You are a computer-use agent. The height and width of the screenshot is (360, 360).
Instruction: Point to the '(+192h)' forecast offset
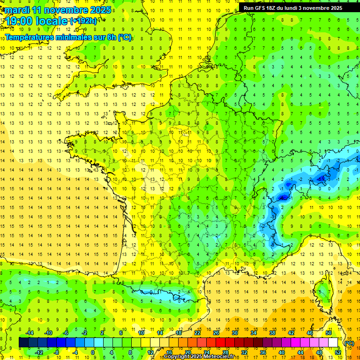pos(83,21)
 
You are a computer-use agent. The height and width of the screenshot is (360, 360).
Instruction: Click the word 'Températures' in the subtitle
pos(28,37)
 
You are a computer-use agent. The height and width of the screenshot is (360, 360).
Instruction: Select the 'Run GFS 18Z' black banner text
pos(262,8)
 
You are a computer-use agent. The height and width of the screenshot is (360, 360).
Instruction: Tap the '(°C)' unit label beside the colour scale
pos(349,343)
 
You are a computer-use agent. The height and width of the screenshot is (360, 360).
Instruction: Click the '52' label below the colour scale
pos(337,352)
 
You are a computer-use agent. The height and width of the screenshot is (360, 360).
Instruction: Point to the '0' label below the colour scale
pos(93,352)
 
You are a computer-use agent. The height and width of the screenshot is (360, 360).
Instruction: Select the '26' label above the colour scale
pos(216,333)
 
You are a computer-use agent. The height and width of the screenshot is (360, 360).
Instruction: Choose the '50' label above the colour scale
pos(328,333)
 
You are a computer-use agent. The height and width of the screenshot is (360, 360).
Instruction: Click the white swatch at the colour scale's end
pos(333,343)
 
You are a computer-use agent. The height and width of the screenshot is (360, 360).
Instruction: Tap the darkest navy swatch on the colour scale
pos(23,343)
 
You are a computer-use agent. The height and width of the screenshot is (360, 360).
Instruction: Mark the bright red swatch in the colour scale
pos(221,343)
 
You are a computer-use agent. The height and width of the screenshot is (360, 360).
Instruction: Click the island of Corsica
pos(322,291)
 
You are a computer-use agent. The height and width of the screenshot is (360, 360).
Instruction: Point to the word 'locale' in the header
pos(52,21)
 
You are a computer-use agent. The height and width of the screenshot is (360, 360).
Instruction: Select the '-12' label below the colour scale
pos(39,352)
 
